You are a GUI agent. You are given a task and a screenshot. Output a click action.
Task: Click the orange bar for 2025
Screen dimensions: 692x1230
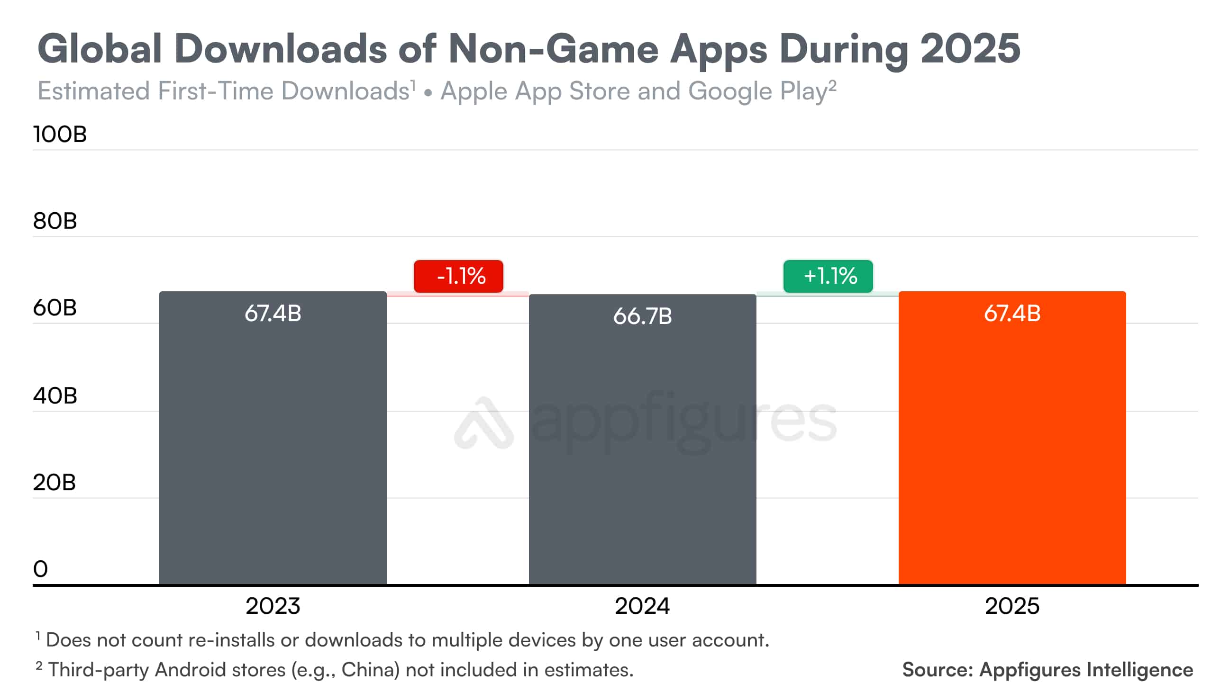(1012, 439)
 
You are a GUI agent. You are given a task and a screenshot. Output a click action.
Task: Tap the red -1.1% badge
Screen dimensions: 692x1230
(458, 276)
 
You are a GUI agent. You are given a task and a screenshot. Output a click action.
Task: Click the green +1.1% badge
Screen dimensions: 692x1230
(828, 276)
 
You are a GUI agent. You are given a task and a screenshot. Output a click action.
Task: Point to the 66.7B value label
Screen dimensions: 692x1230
(642, 316)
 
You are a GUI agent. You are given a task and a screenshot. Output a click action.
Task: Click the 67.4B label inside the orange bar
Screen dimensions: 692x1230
(1012, 314)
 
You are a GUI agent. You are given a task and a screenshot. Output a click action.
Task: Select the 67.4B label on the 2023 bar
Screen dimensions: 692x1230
(273, 314)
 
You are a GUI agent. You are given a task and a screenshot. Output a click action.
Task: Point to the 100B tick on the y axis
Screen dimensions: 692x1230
(60, 134)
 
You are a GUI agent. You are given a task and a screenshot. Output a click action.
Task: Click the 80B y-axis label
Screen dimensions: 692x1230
(55, 221)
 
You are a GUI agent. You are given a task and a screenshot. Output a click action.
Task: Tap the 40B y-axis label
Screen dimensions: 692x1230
(55, 395)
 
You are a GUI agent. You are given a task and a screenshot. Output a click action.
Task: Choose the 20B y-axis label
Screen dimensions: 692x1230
(54, 483)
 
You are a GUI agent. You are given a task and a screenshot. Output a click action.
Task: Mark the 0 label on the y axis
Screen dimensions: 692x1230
(41, 569)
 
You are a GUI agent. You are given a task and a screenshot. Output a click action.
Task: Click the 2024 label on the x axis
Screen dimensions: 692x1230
(642, 606)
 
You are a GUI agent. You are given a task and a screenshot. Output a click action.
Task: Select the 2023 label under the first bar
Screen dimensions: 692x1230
(273, 606)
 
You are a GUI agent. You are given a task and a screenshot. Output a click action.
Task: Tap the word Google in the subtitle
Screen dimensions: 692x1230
(729, 90)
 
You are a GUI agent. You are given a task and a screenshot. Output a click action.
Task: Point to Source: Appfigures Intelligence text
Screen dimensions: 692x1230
(1047, 670)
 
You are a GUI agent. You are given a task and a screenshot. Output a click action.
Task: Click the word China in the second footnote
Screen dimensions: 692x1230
(370, 670)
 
